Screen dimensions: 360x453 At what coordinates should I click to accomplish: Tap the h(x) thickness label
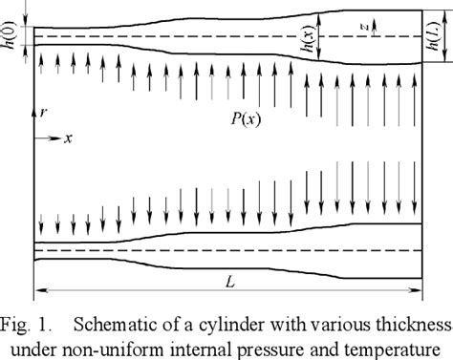(325, 36)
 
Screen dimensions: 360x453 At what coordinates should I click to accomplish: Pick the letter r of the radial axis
(43, 113)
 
